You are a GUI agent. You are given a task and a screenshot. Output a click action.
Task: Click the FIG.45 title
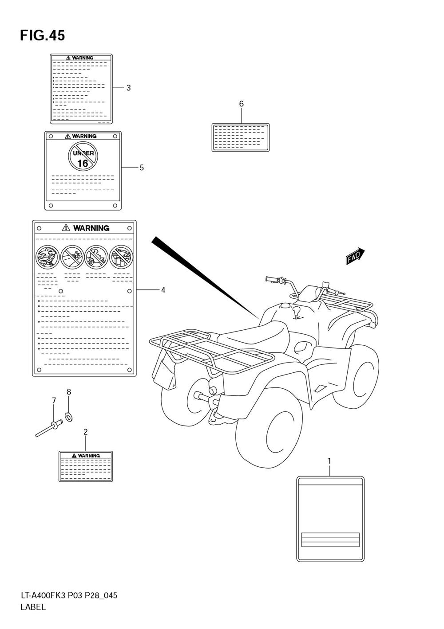[42, 35]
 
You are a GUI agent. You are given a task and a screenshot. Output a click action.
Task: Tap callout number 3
[128, 88]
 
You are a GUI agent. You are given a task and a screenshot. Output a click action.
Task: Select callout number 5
[141, 168]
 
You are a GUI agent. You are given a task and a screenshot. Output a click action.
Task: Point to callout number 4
[163, 290]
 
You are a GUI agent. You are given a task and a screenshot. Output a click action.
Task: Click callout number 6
[241, 104]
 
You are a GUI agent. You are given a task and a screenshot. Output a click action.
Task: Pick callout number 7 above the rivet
[54, 400]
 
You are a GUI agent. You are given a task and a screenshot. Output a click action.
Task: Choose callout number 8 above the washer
[69, 391]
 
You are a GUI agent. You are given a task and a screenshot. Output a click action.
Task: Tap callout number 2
[85, 431]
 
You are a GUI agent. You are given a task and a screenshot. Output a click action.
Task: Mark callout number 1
[329, 461]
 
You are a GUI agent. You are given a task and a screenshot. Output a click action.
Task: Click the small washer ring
[69, 417]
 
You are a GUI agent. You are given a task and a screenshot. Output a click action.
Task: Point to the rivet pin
[48, 429]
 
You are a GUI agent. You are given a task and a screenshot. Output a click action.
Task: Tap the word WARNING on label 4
[91, 228]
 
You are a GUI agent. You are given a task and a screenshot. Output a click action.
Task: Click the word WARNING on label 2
[89, 456]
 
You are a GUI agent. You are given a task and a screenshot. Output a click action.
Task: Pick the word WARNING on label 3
[83, 58]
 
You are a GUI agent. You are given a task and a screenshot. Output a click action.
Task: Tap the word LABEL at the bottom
[33, 607]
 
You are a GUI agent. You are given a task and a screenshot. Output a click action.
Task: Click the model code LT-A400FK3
[43, 595]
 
